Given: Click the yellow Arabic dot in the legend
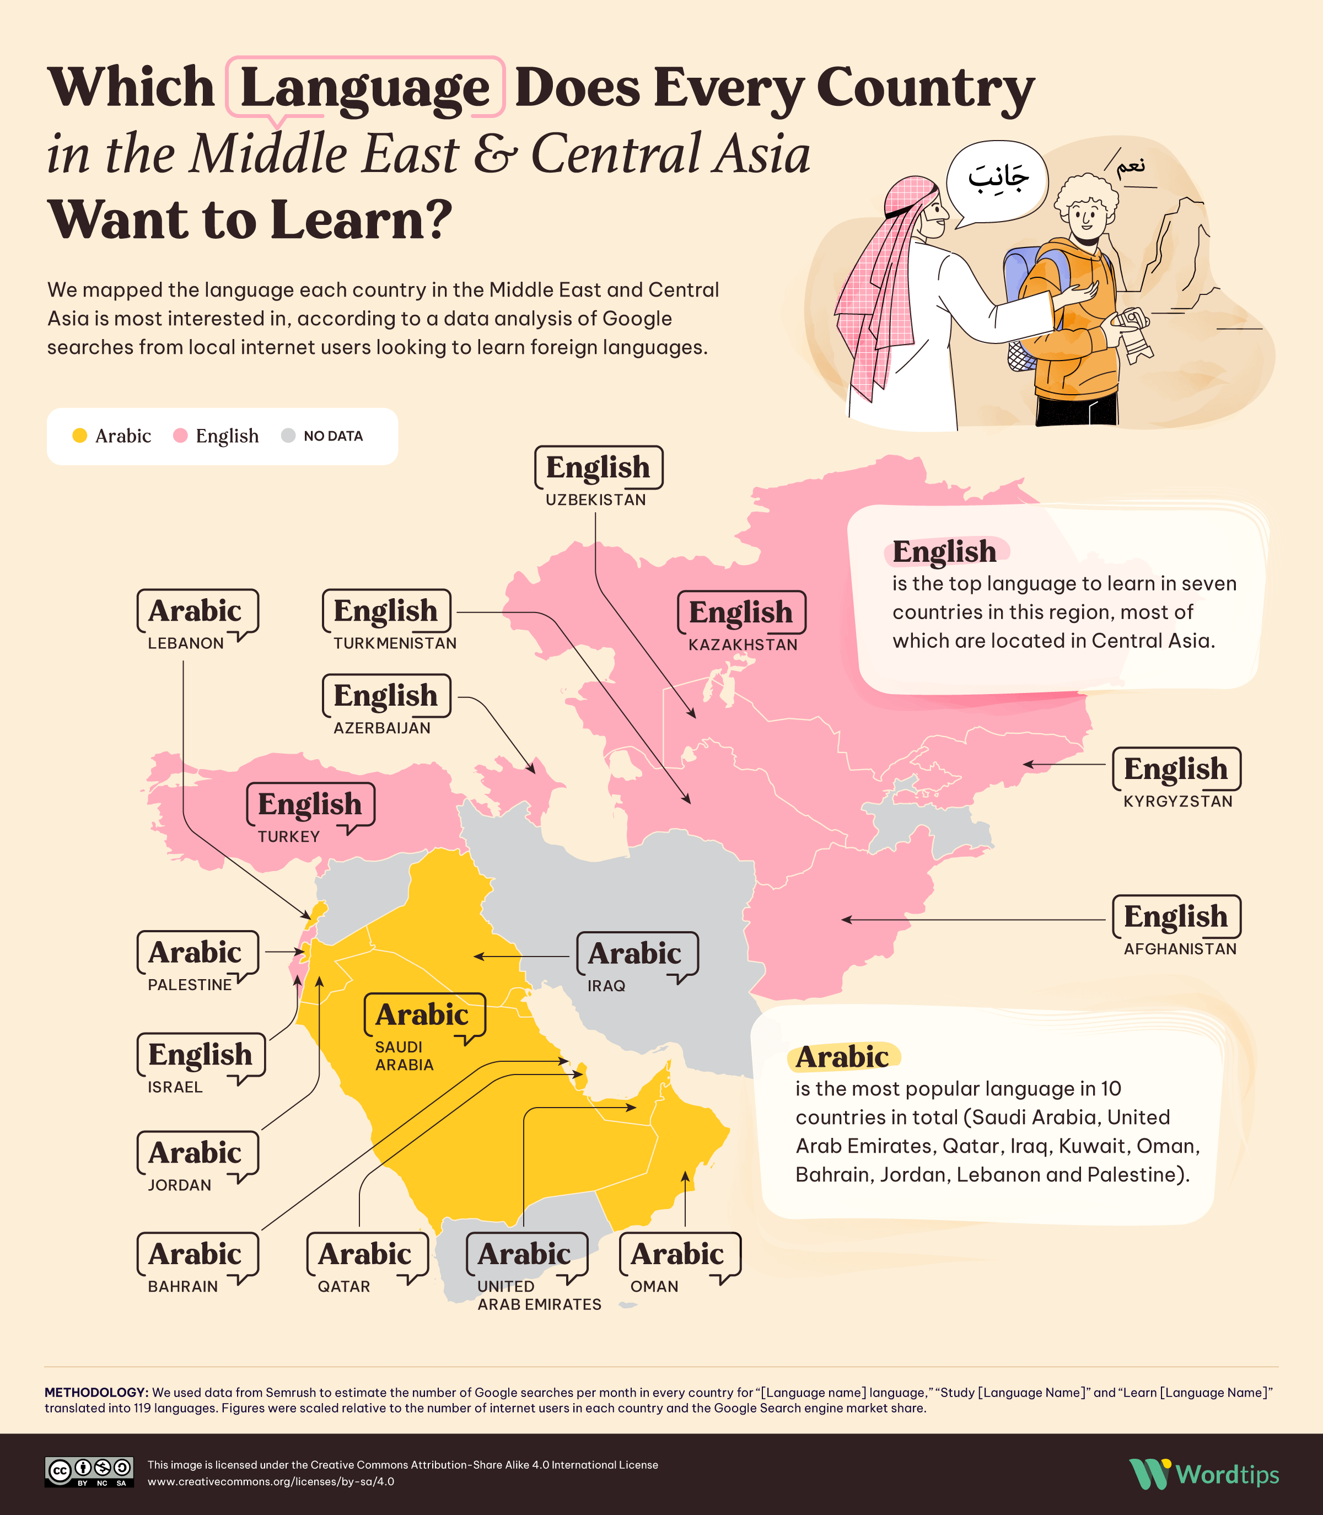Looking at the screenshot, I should point(80,436).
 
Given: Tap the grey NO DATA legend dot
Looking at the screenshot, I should point(289,436).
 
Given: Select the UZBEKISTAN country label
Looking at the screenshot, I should point(595,500).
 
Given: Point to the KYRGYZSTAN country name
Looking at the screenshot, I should point(1177,802).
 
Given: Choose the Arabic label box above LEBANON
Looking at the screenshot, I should point(196,611).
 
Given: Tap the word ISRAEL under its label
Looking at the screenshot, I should point(175,1087).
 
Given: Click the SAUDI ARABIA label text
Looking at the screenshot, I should point(404,1056).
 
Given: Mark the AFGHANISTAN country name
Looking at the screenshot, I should point(1180,949).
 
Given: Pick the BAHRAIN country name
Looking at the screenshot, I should point(183,1286).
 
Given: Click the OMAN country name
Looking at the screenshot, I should point(654,1286).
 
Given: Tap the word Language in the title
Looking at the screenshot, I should point(365,88).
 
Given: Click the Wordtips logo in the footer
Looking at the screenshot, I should point(1204,1474).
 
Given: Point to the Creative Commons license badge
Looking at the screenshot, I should point(89,1471).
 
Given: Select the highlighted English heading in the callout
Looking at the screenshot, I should point(944,551).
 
